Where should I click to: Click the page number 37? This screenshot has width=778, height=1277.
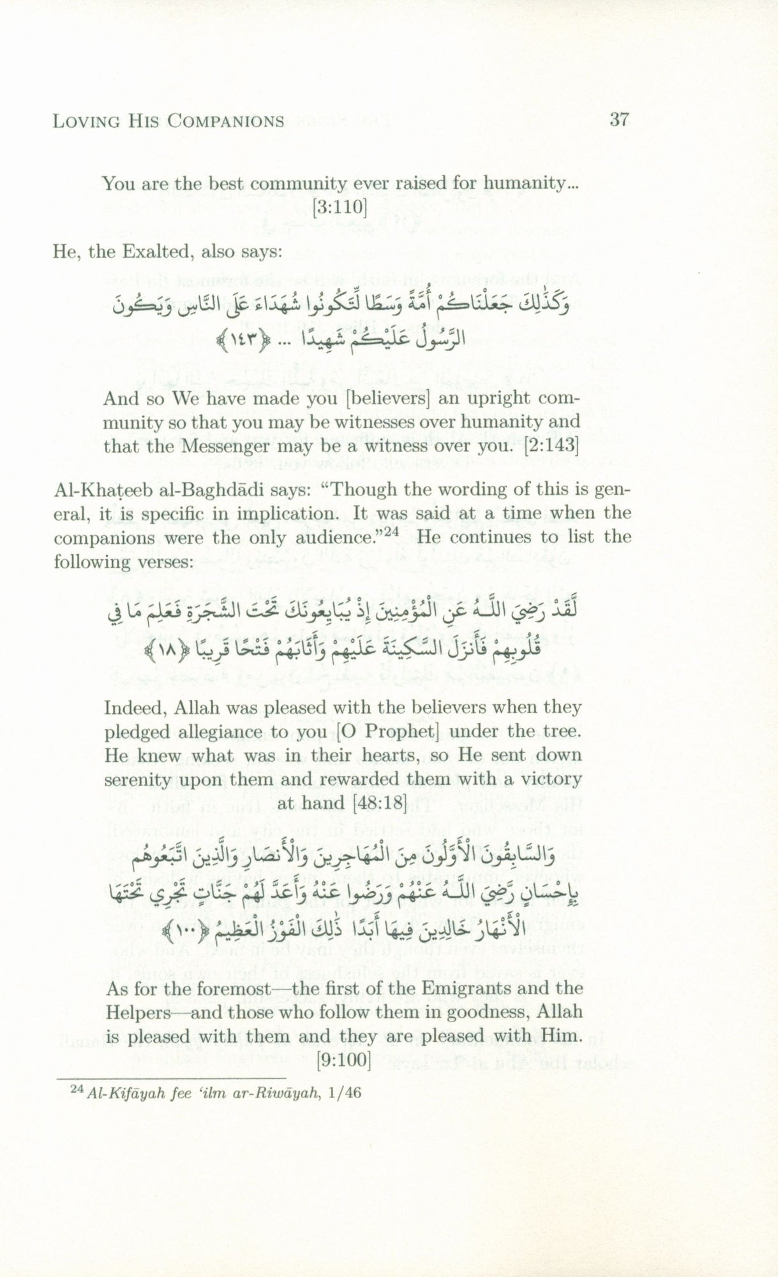point(619,119)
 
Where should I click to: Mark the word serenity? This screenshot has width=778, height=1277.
point(138,779)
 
